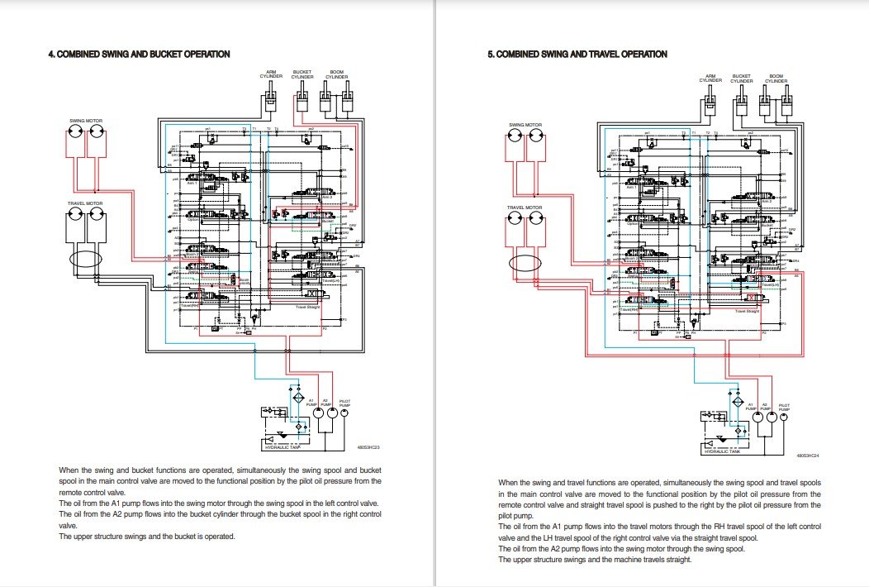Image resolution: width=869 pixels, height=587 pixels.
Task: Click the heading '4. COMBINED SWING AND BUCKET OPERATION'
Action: click(x=139, y=54)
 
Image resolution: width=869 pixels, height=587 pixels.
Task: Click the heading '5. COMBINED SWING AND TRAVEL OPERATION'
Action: click(x=577, y=54)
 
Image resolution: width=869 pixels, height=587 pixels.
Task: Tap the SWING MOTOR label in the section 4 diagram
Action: click(x=85, y=121)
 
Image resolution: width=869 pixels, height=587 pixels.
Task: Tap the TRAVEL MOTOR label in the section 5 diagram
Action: click(x=525, y=208)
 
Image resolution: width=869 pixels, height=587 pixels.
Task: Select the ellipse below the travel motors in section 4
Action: click(x=85, y=259)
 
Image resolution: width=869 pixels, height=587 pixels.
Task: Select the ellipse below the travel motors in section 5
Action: click(x=525, y=266)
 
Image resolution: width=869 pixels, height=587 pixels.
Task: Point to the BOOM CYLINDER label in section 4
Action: click(x=336, y=74)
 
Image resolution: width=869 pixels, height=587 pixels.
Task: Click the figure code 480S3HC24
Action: click(x=808, y=455)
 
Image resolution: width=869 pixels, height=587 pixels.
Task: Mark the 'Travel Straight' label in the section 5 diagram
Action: click(x=748, y=311)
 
